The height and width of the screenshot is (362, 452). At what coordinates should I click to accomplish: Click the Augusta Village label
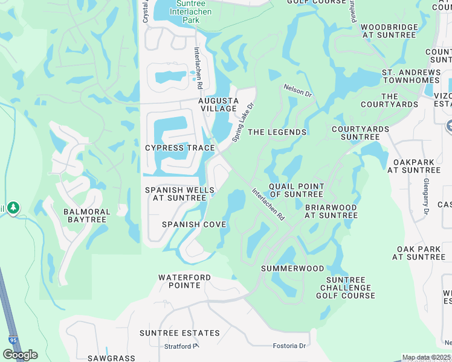click(x=219, y=104)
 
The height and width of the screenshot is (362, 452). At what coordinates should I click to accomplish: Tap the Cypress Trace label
click(x=180, y=148)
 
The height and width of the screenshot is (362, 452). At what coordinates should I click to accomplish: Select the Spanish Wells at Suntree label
click(x=172, y=194)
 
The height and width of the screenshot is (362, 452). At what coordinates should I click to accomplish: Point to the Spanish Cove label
click(x=194, y=224)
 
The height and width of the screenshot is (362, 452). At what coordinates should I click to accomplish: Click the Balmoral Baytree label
click(x=87, y=216)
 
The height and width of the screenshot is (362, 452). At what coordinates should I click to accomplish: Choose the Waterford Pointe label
click(x=185, y=281)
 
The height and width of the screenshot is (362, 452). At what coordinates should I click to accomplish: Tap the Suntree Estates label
click(x=179, y=333)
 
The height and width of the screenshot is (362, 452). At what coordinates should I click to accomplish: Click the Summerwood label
click(x=292, y=268)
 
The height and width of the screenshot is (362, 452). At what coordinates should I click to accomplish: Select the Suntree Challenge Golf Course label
click(x=346, y=288)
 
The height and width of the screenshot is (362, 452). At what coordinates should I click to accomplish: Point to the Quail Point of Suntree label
click(x=296, y=190)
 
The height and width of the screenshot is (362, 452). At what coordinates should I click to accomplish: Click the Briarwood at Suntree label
click(x=331, y=211)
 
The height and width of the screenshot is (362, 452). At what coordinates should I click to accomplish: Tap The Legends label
click(x=277, y=132)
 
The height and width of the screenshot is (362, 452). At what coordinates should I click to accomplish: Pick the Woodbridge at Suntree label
click(x=390, y=31)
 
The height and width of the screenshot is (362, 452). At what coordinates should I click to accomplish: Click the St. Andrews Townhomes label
click(x=411, y=76)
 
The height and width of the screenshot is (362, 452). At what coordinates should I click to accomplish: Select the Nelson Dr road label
click(x=297, y=91)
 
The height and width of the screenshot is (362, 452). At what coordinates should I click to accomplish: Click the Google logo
click(x=20, y=355)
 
